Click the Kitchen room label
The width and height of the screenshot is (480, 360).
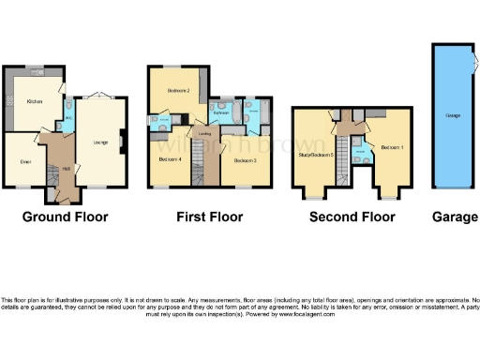pos(35,101)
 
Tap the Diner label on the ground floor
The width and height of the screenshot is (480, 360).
pos(25,161)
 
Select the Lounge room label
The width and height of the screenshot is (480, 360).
pos(99,142)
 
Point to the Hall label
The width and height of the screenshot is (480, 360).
pos(54,169)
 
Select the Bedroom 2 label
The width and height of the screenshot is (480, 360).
pos(180,90)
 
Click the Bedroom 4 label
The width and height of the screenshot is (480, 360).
pos(170,160)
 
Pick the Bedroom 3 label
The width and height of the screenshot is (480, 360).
pos(246,161)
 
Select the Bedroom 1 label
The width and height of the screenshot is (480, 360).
pos(392,147)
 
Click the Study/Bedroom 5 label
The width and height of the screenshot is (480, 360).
pos(316,153)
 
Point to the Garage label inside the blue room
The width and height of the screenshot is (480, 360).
pos(453,115)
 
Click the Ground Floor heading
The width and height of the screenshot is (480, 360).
pos(66,217)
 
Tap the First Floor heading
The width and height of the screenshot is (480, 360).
pos(210,217)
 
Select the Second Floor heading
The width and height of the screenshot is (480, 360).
pos(352,217)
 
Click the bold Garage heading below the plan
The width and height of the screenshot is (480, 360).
pos(455,217)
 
